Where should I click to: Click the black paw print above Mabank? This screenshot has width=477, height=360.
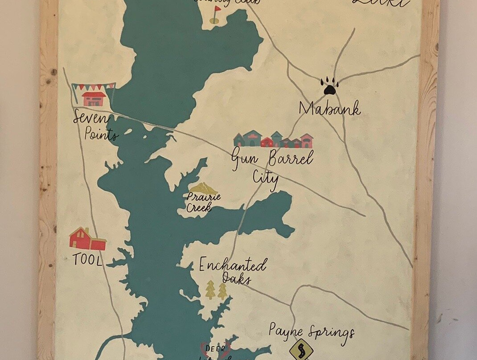(329, 86)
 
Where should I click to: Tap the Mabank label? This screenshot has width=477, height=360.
(329, 108)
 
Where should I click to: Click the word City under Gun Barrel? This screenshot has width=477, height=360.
(266, 178)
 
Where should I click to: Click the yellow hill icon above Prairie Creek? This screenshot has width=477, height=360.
(203, 188)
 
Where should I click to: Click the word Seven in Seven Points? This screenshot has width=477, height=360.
(91, 119)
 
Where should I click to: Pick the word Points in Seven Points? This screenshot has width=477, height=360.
(102, 134)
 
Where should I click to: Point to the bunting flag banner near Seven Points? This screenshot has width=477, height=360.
(93, 86)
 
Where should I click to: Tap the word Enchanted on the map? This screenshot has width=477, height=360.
(233, 266)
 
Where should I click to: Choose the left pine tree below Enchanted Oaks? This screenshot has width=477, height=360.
(210, 290)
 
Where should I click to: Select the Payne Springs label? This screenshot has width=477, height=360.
(312, 332)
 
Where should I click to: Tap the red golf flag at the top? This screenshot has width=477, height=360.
(217, 8)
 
